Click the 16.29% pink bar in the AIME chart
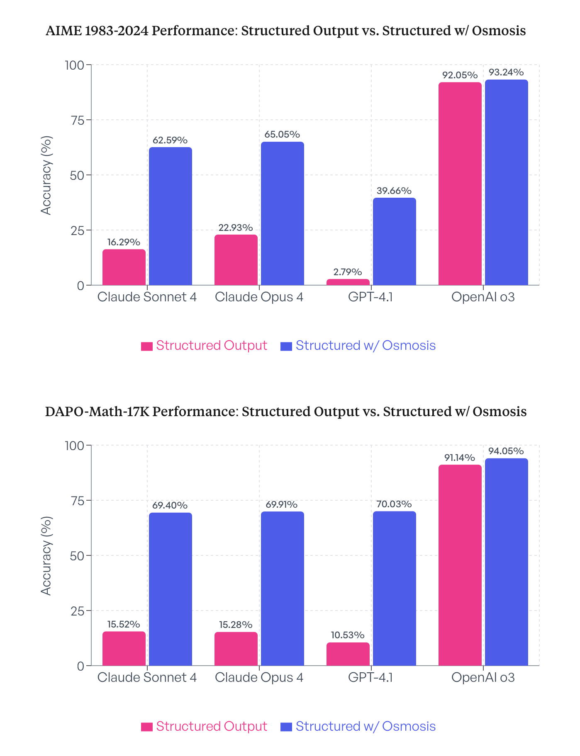pos(124,267)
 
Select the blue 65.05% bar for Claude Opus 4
pos(282,213)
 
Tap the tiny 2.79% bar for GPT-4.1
pos(348,282)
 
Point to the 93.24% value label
pos(506,73)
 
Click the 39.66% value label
pos(394,191)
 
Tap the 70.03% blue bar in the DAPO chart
pos(394,589)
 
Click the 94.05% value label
pos(506,451)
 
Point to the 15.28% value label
pos(236,625)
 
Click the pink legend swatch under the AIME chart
pos(147,346)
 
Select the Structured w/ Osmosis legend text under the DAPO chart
pos(366,726)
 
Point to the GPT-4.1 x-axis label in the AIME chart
pos(370,297)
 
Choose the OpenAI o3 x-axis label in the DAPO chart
pos(483,678)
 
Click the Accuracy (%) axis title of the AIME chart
pos(46,175)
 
